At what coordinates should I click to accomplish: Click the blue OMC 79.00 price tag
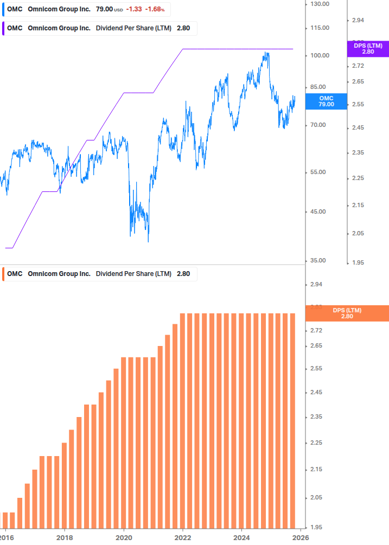(326, 101)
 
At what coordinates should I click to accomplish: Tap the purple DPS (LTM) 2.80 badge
(368, 49)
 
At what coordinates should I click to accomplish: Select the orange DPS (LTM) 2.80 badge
(347, 313)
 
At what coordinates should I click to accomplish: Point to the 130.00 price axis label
(319, 4)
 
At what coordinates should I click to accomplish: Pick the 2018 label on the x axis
(64, 537)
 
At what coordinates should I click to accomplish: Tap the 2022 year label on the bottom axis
(183, 537)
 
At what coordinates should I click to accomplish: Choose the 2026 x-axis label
(301, 537)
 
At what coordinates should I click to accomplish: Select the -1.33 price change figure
(133, 9)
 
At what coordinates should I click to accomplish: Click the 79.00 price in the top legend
(104, 9)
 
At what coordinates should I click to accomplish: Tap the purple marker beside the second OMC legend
(4, 28)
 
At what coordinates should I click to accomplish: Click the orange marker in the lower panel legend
(4, 274)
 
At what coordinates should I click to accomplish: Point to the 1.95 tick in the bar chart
(316, 527)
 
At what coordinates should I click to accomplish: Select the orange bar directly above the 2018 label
(64, 485)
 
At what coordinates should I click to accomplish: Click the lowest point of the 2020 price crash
(148, 241)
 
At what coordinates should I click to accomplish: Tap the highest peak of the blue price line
(266, 53)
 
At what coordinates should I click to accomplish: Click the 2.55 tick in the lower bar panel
(316, 369)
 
